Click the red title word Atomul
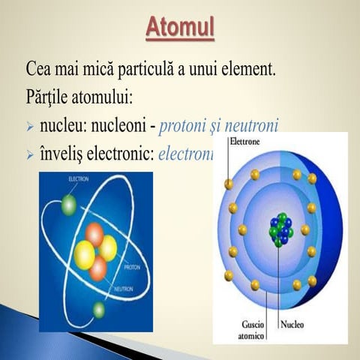180,28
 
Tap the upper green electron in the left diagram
70,203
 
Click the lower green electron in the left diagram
97,309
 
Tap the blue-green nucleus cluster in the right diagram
279,229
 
